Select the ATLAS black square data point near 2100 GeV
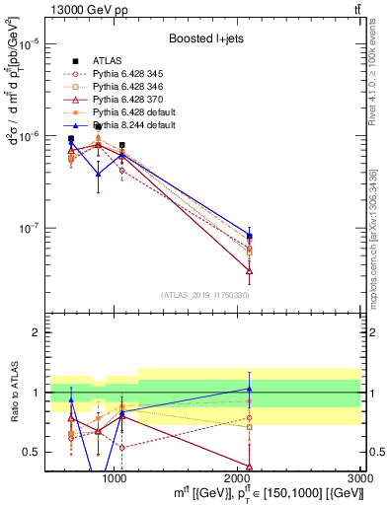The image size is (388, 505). pyautogui.click(x=250, y=237)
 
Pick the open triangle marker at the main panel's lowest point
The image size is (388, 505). pyautogui.click(x=250, y=270)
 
